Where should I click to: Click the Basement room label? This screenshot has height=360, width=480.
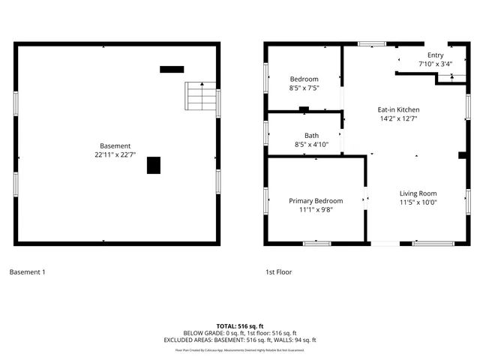[115, 145]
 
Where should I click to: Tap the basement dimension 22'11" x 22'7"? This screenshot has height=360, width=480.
[115, 155]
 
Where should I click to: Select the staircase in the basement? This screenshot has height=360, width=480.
[200, 96]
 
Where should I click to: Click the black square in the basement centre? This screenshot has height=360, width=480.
[154, 165]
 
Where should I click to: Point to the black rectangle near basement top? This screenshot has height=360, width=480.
[172, 69]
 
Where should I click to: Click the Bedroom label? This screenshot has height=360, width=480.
[304, 79]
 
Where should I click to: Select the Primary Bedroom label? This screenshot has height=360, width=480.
[316, 201]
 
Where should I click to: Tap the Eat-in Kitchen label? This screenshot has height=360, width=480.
[398, 109]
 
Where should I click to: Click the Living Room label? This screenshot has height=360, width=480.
[418, 193]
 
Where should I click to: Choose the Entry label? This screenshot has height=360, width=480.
[435, 55]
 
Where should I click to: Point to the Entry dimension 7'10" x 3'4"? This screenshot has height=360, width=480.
[435, 64]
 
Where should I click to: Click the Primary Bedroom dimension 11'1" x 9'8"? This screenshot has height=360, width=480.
[316, 210]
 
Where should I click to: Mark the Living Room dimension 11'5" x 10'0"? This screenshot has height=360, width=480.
[418, 202]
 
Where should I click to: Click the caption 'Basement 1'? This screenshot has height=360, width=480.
[27, 271]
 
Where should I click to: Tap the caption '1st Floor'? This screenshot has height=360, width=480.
[279, 271]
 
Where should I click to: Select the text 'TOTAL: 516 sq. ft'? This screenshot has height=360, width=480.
[240, 326]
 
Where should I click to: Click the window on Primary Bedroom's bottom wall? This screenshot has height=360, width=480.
[316, 243]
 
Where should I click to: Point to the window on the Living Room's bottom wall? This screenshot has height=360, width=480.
[433, 243]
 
